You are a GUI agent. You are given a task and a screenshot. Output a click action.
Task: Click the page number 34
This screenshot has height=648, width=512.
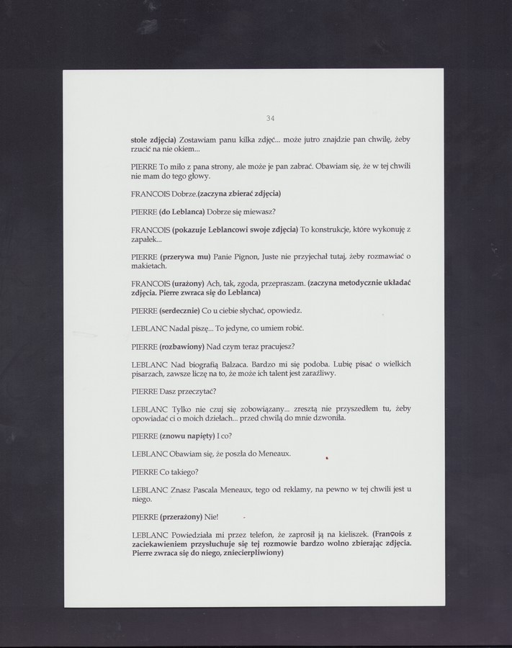point(270,118)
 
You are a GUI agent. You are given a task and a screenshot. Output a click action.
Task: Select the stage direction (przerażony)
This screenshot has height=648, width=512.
point(182,516)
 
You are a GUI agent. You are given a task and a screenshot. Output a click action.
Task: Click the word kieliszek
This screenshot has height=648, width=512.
point(349,534)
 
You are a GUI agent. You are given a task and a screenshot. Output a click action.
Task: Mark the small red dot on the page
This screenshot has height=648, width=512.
point(327,456)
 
